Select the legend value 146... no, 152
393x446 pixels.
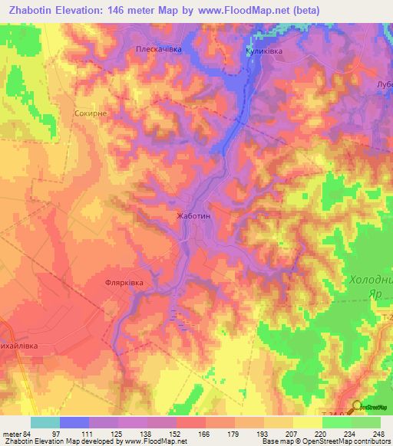point(162,434)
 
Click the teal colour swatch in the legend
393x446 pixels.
point(45,422)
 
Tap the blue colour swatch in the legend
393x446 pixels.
point(74,422)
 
